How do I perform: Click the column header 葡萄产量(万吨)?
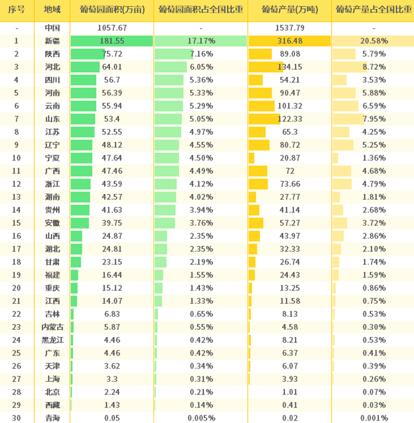point(290,10)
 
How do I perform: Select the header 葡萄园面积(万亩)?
point(112,10)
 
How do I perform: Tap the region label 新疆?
point(53,41)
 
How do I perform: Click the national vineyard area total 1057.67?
point(112,28)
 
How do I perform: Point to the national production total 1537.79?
point(290,28)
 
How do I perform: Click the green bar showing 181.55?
point(112,41)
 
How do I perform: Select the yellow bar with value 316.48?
point(289,41)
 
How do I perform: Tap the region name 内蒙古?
point(53,326)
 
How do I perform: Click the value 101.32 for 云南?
point(290,106)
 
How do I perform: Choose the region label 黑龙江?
point(53,339)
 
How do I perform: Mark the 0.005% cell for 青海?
point(200,418)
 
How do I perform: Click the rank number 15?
point(17,223)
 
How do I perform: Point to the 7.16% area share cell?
point(201,54)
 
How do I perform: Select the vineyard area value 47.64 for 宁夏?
point(112,158)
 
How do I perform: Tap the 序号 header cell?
point(17,10)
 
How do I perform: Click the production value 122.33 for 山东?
point(290,119)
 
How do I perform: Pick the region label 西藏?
point(53,405)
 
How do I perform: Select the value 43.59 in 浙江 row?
point(112,184)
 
